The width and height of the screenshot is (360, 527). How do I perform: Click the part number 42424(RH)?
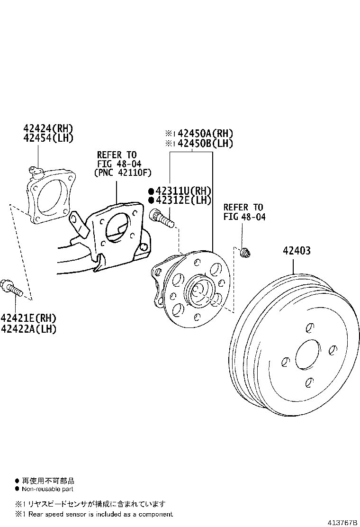pyautogui.click(x=49, y=128)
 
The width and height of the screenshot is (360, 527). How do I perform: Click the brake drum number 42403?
pyautogui.click(x=297, y=251)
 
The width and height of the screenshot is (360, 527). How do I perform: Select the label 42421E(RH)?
pyautogui.click(x=28, y=318)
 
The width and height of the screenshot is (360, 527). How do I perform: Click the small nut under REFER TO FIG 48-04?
pyautogui.click(x=245, y=253)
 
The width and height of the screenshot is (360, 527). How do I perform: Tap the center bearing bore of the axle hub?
pyautogui.click(x=198, y=292)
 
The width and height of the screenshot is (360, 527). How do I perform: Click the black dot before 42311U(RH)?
pyautogui.click(x=151, y=191)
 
